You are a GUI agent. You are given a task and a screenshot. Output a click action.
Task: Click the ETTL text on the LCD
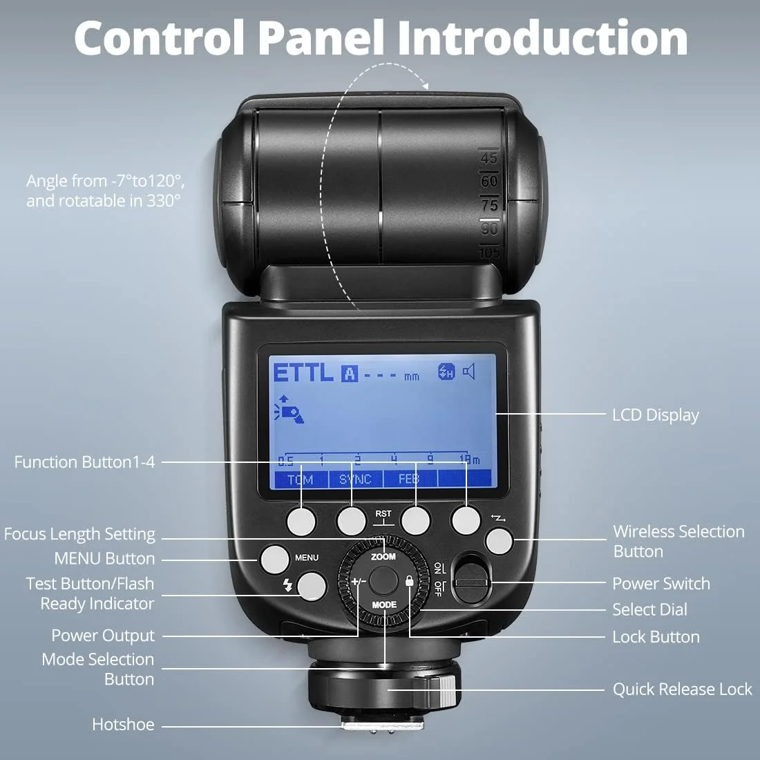(303, 373)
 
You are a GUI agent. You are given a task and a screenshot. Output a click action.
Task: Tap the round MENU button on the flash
(274, 558)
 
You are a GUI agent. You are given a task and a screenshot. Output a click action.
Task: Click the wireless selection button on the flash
(499, 541)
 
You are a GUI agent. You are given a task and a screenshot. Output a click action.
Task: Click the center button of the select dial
(383, 579)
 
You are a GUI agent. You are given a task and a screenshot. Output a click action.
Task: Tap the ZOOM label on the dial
(383, 556)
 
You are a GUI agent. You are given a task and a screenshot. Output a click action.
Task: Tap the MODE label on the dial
(384, 605)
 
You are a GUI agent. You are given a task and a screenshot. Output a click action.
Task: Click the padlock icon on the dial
(410, 582)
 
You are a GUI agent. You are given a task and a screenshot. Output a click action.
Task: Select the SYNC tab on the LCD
(355, 479)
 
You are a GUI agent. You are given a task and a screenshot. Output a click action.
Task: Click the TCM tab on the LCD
(301, 479)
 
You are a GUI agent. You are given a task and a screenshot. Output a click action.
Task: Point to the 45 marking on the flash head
(489, 158)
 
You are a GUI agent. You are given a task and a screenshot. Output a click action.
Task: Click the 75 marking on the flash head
(489, 205)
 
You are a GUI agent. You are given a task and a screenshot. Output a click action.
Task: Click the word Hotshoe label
(123, 725)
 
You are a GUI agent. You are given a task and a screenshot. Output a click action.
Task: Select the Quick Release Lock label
(682, 690)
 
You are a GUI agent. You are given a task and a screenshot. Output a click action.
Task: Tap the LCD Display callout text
(655, 415)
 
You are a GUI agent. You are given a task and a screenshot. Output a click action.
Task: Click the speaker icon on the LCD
(469, 372)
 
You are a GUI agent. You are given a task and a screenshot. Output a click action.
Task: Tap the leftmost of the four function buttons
(301, 520)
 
